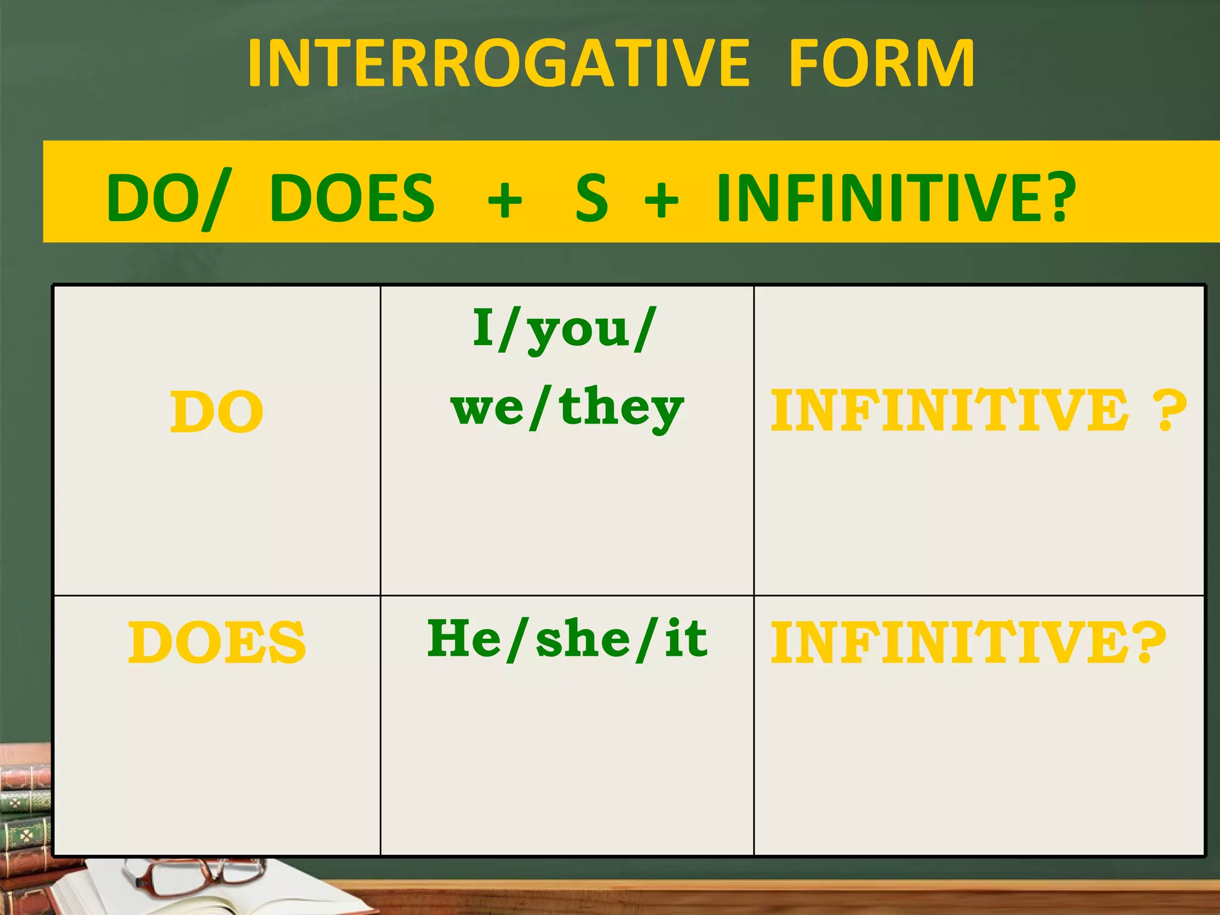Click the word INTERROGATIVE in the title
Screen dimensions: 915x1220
coord(499,63)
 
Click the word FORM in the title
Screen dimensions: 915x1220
coord(882,63)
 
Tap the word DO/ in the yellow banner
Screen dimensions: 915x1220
coord(167,198)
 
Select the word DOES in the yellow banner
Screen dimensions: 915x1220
coord(352,198)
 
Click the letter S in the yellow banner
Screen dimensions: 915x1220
coord(591,198)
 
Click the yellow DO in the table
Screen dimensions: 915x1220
coord(216,412)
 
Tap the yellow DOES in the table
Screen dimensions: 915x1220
coord(216,642)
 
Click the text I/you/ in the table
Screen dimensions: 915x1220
coord(565,329)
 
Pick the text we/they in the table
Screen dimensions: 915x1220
coord(567,409)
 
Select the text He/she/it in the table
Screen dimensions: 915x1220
coord(567,639)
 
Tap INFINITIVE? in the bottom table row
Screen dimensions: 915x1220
coord(967,642)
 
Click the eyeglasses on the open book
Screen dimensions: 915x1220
coord(191,876)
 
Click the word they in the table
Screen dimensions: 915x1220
coord(621,409)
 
